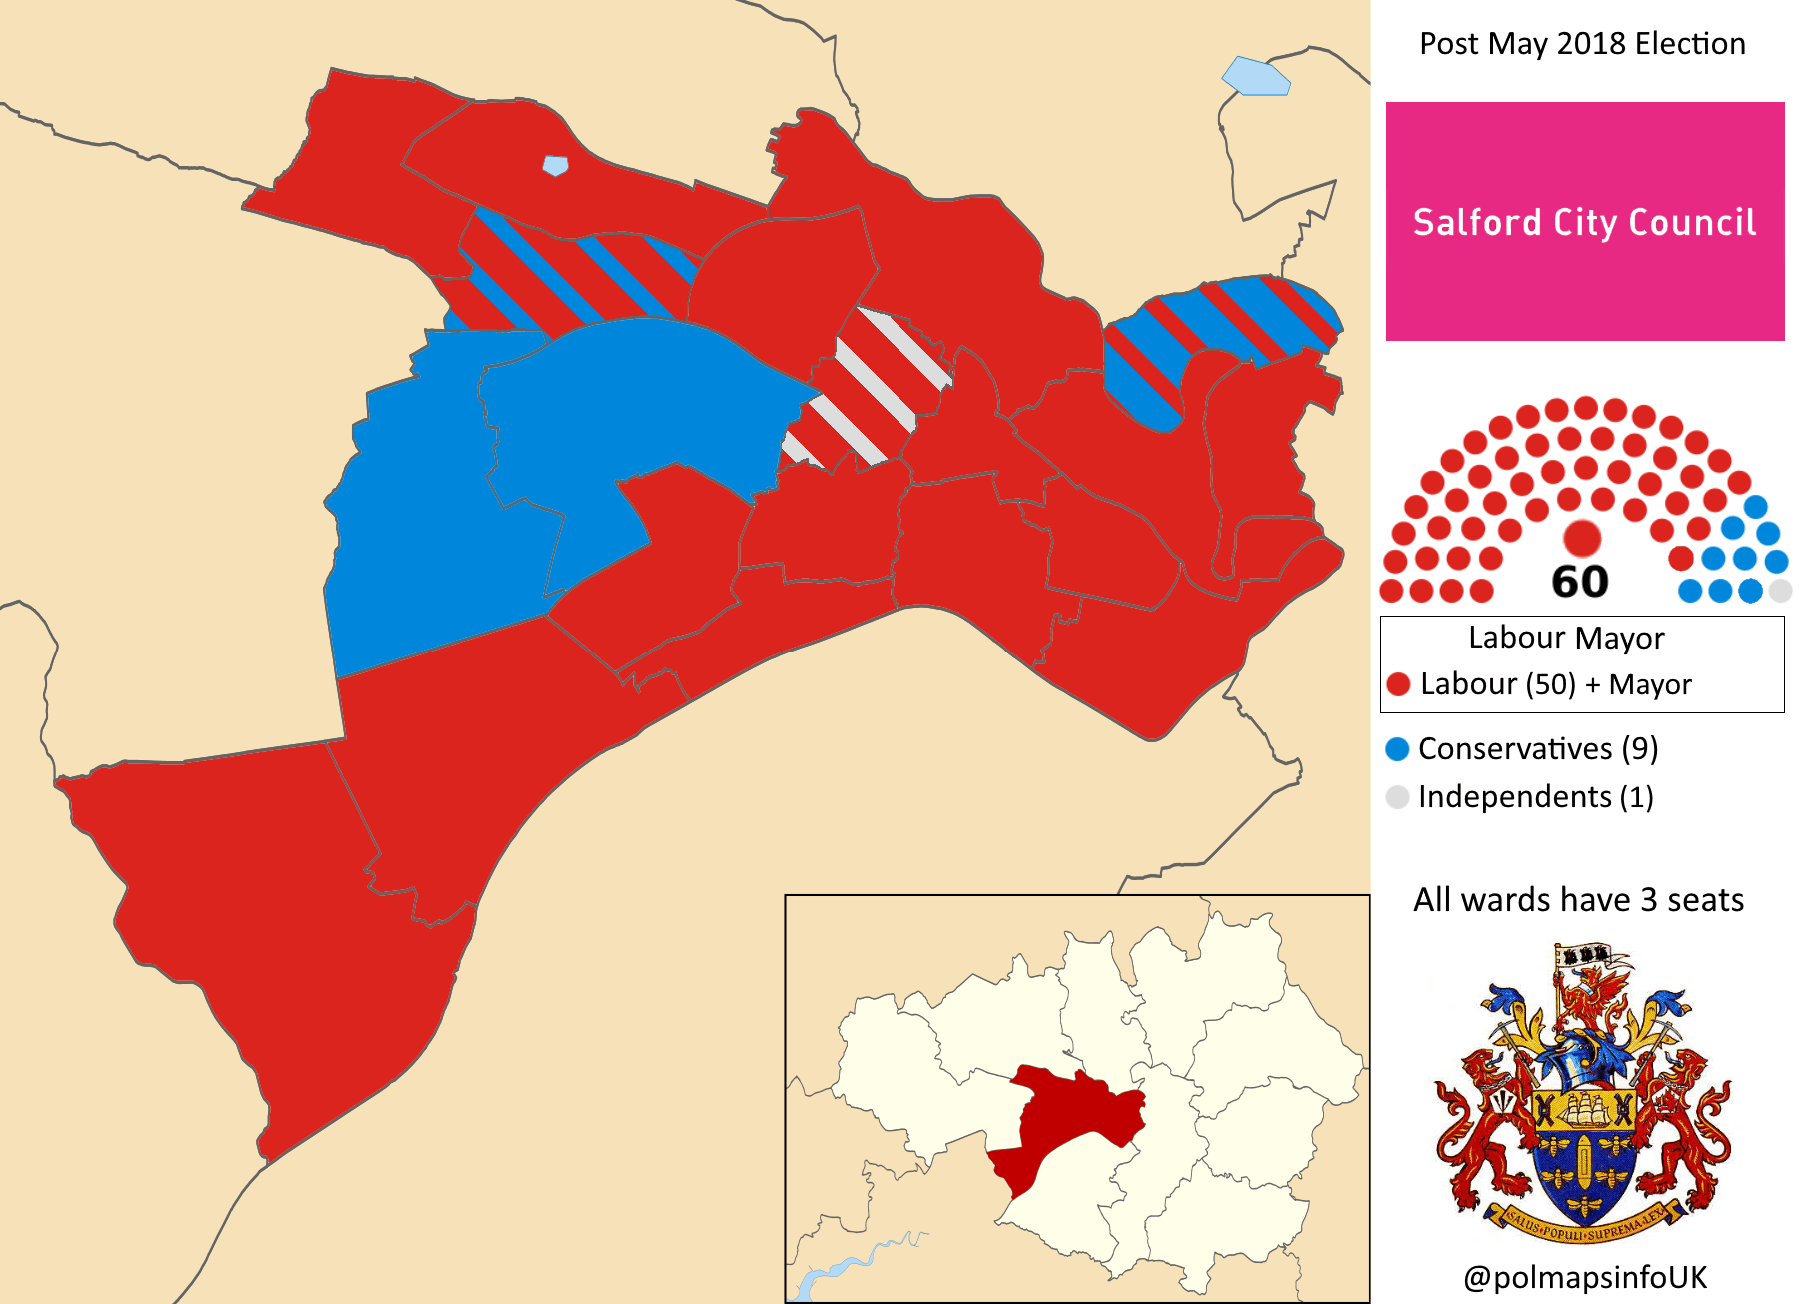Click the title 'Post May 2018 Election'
pos(1582,44)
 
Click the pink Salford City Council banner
pos(1584,221)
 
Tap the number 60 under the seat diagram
pos(1579,582)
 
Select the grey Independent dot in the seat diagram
pos(1780,591)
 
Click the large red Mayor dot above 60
pos(1582,538)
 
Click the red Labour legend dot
pos(1398,684)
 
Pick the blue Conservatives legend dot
pos(1397,749)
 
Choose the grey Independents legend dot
pos(1397,797)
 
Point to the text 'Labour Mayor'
pos(1566,638)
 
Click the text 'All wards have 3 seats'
pos(1578,900)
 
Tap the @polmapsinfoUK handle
pos(1584,1277)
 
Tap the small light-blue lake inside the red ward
pos(555,165)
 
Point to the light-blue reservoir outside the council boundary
pos(1256,77)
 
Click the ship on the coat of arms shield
pos(1584,1109)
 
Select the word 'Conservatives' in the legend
pos(1514,749)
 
